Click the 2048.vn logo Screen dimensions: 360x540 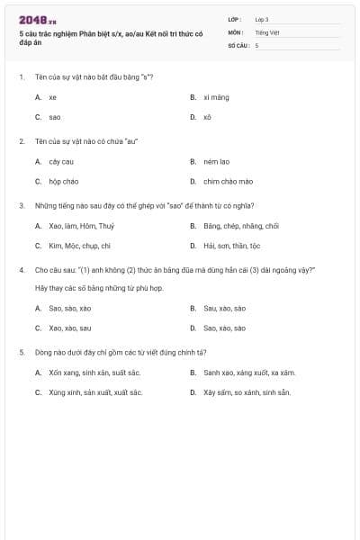click(x=37, y=20)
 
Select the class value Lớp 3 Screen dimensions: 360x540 click(x=262, y=19)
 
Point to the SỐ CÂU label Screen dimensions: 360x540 click(x=237, y=44)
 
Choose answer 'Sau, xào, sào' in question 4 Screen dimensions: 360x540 click(x=224, y=308)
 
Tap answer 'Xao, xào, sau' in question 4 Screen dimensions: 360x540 click(x=70, y=328)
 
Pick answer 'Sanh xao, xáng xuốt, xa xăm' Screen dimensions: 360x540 click(x=249, y=372)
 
